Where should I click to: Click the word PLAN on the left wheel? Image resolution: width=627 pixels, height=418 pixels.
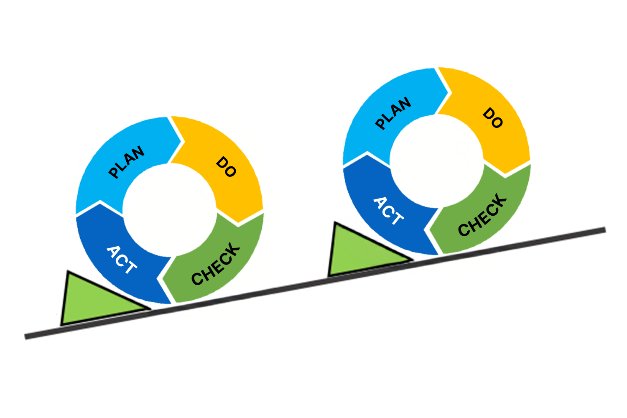point(126,162)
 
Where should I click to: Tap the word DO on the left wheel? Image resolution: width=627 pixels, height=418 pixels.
point(226,167)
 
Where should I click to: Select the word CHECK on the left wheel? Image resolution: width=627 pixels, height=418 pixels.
point(216,264)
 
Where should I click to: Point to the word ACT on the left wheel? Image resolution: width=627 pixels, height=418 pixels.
point(122,260)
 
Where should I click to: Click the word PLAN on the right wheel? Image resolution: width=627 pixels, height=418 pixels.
point(393,113)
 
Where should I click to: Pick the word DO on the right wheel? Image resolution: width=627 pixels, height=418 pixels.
point(493,118)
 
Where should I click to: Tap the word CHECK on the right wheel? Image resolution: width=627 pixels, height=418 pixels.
point(482,215)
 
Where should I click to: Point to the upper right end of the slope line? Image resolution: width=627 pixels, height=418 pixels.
point(604,230)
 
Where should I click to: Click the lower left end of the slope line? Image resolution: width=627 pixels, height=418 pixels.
point(27,336)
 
